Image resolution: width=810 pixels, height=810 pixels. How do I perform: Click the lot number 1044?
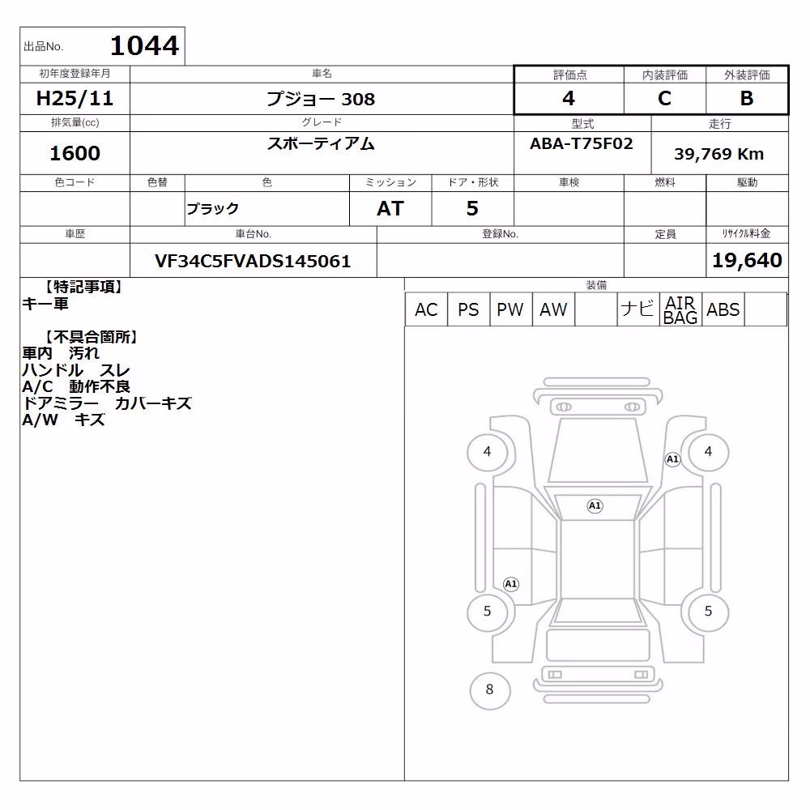pos(145,45)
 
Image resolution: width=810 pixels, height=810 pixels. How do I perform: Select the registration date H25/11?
pos(75,98)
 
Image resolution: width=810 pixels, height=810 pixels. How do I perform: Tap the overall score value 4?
pos(569,98)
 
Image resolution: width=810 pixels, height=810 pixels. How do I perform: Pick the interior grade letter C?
pos(664,98)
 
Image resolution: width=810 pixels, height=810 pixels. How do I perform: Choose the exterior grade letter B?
pos(747,98)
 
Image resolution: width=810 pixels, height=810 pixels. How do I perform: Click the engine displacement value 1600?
pos(75,153)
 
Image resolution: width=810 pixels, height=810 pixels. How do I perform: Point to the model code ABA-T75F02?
pos(581,143)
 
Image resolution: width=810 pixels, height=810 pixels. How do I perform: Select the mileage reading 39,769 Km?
pos(718,154)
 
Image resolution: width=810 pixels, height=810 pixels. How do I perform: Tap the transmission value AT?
pos(390,209)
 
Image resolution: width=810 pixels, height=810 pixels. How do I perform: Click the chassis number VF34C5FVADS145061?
pos(253,262)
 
